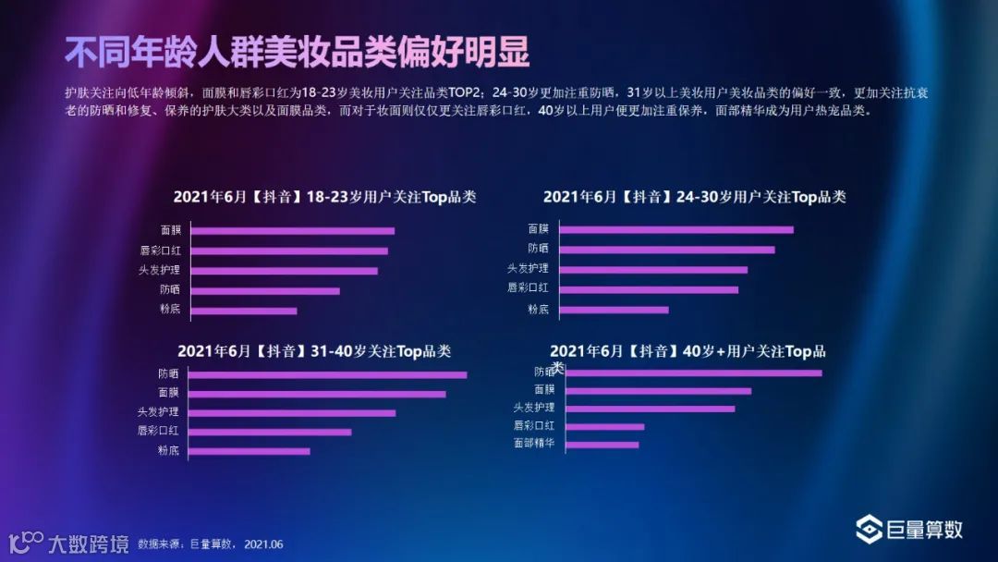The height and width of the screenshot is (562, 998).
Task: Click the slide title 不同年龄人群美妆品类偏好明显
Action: (297, 53)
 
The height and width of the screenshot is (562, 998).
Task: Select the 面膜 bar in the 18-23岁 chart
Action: (292, 231)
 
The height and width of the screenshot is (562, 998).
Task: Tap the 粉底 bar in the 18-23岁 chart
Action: (243, 311)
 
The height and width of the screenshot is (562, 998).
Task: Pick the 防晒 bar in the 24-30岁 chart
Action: (666, 250)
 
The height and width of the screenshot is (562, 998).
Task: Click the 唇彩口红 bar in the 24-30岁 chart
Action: (649, 289)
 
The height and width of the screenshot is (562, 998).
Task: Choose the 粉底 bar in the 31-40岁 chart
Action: (249, 451)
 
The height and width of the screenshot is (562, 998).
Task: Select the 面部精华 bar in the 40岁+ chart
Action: (601, 445)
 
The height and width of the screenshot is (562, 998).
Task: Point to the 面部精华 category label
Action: (533, 444)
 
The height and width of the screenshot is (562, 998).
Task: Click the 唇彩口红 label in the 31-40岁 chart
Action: (157, 431)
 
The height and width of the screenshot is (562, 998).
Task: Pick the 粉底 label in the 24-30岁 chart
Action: (538, 309)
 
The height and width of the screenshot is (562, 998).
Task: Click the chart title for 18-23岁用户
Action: (324, 197)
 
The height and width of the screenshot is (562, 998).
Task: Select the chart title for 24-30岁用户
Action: (694, 197)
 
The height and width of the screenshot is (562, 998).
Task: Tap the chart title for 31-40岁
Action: (314, 351)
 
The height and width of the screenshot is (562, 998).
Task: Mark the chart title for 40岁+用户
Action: (688, 351)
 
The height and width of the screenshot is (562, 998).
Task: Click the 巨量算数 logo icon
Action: (869, 529)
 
